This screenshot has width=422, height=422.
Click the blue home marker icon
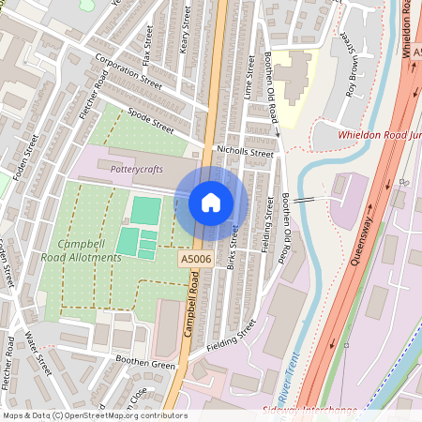point(211,203)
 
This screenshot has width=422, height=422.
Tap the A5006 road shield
point(193,255)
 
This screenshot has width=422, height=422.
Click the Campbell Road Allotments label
point(81,250)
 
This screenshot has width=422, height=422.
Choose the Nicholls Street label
point(245,151)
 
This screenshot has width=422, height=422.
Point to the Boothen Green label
point(145,363)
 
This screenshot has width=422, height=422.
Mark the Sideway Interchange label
point(323,411)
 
